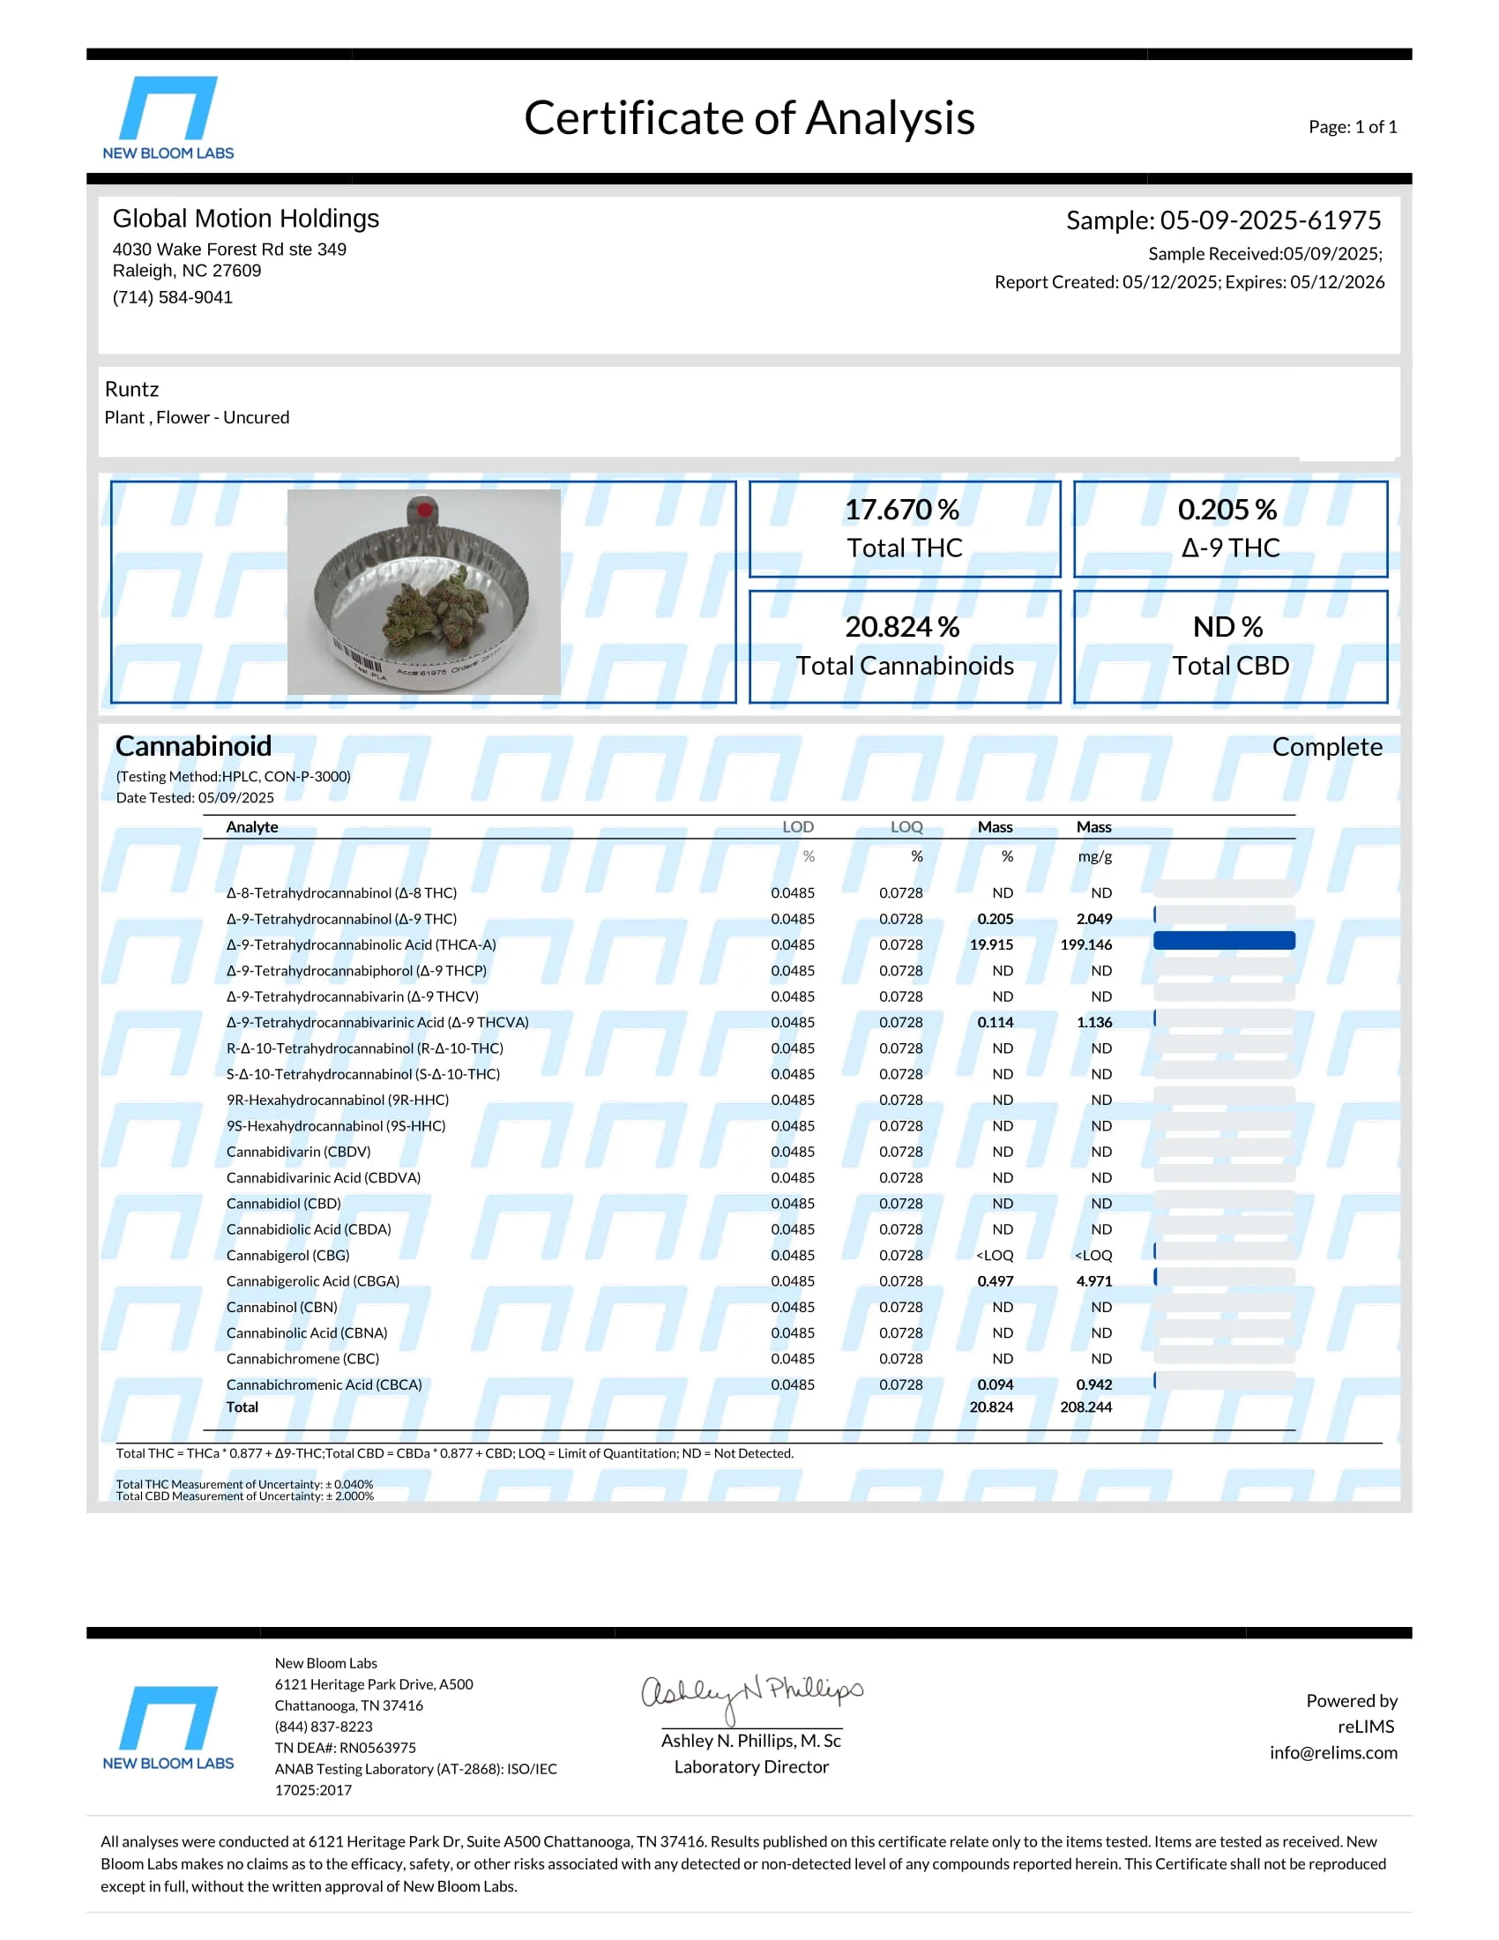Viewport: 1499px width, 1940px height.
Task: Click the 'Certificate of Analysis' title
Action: click(x=749, y=118)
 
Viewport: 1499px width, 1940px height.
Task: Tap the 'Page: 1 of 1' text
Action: click(x=1352, y=127)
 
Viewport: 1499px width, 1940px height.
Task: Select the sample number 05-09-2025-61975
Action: click(x=1270, y=220)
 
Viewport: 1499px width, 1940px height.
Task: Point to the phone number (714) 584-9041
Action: click(x=172, y=297)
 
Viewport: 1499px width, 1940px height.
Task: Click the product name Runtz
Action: click(x=131, y=389)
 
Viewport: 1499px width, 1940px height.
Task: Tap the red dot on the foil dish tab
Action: click(x=424, y=510)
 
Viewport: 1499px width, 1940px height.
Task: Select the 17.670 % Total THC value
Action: click(x=901, y=510)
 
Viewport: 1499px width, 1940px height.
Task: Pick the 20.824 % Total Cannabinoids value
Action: click(x=901, y=627)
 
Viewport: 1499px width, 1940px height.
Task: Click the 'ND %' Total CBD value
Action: click(x=1227, y=627)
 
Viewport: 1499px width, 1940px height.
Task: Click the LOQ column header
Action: click(x=906, y=827)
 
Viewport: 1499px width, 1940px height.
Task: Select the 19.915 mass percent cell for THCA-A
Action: click(x=991, y=945)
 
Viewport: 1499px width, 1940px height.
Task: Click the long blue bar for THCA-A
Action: click(x=1224, y=941)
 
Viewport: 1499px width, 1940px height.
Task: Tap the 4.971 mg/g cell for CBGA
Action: click(x=1093, y=1281)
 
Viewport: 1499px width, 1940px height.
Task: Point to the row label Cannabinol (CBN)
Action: click(x=281, y=1307)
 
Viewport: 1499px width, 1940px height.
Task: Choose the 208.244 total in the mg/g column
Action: click(x=1085, y=1407)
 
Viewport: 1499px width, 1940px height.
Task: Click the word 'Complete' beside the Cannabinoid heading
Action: click(x=1327, y=747)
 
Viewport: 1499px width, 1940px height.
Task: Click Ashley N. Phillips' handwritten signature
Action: click(x=750, y=1693)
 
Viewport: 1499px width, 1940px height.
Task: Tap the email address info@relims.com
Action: click(x=1333, y=1752)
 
